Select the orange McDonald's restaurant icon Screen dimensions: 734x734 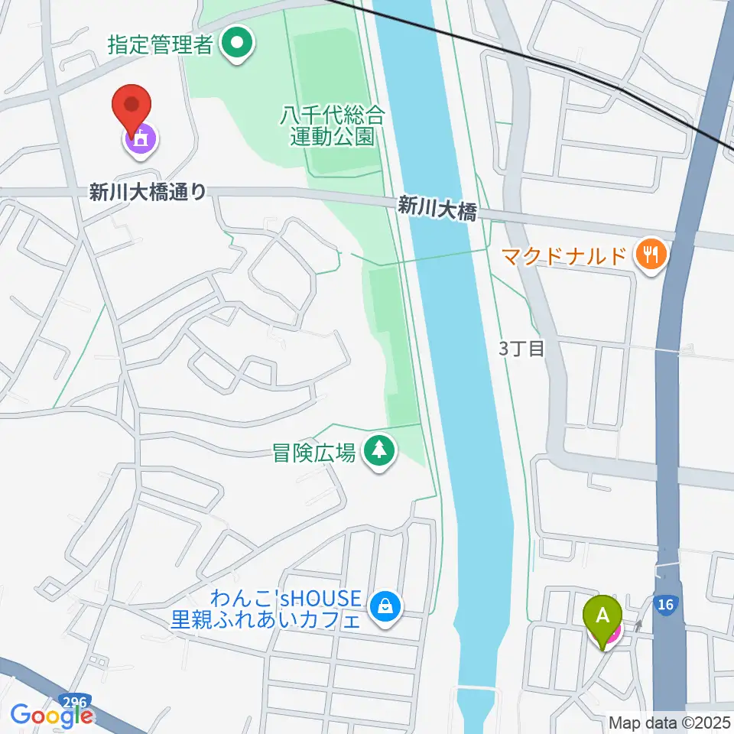point(651,254)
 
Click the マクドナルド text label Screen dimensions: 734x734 point(564,255)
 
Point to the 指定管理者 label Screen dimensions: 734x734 point(159,44)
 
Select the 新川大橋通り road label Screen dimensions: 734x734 point(148,193)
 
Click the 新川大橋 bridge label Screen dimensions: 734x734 point(437,208)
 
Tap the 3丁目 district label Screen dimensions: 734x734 point(521,349)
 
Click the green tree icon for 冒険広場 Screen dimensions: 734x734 point(378,451)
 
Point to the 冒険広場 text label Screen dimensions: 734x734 point(314,453)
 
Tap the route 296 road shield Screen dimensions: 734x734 point(74,700)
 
